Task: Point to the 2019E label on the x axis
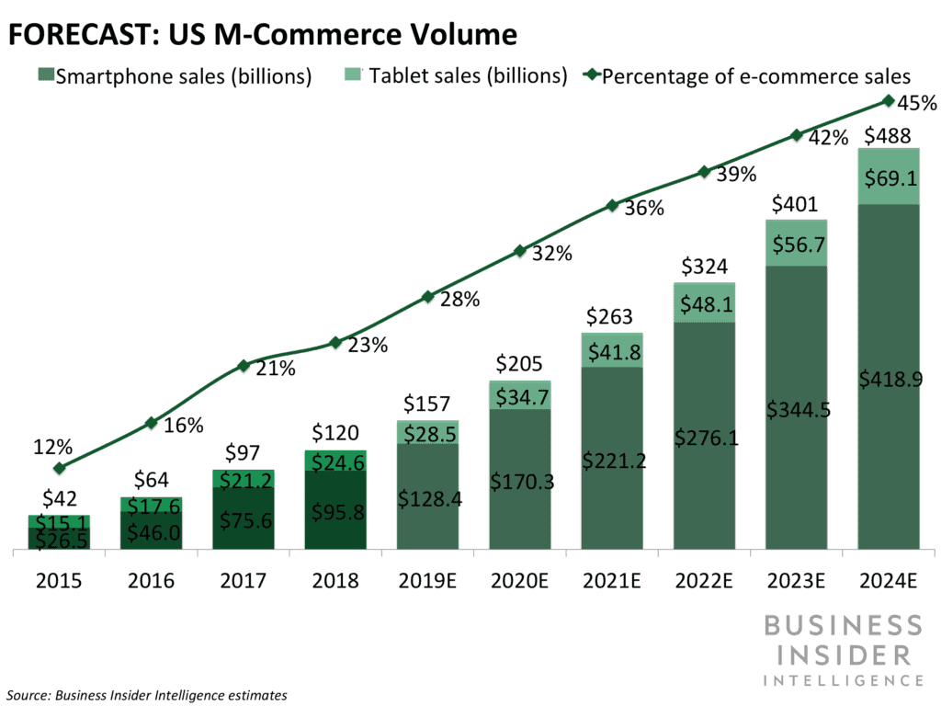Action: point(427,582)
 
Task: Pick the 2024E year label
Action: point(889,582)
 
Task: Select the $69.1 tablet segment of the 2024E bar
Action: point(888,176)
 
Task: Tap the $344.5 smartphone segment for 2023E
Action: point(796,409)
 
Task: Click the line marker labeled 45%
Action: point(889,100)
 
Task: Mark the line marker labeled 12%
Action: point(60,468)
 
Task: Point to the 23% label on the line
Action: point(368,346)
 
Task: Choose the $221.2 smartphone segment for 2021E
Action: point(612,460)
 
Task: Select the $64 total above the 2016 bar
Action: point(152,480)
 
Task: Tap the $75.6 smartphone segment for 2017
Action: point(244,519)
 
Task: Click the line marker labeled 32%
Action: point(520,250)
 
